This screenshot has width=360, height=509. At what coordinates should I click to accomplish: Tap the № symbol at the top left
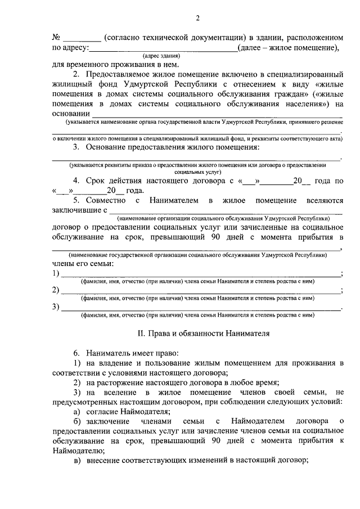[x=56, y=37]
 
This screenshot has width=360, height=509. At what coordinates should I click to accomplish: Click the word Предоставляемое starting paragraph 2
[x=121, y=74]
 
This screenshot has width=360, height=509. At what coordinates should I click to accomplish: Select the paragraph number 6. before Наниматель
[x=76, y=353]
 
